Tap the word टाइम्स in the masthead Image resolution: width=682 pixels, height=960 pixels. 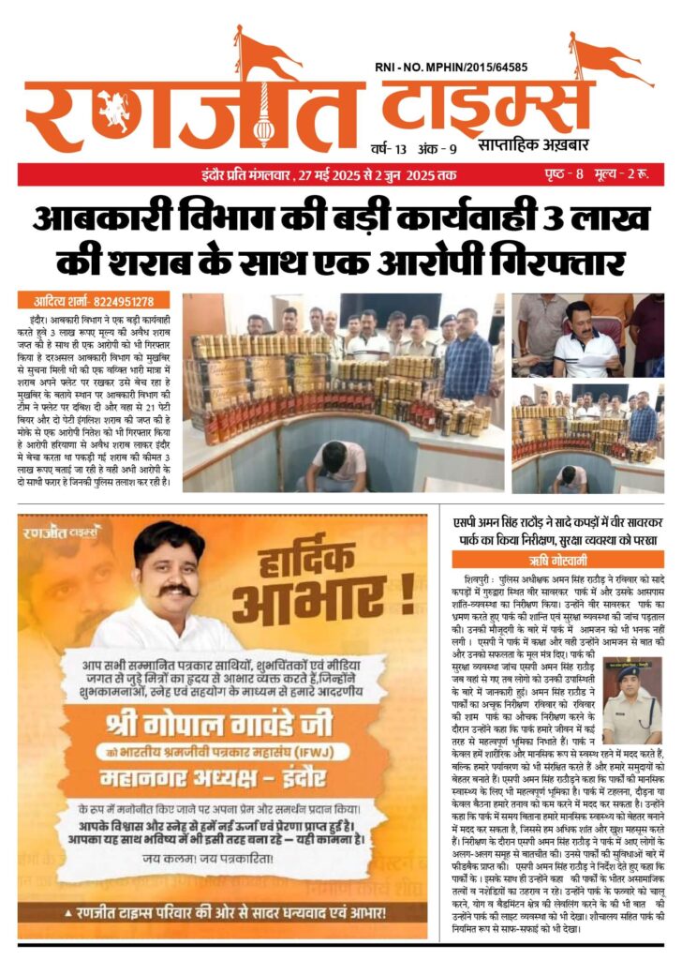[x=487, y=111]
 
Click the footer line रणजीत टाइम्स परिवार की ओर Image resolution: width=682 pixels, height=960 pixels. [x=223, y=912]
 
